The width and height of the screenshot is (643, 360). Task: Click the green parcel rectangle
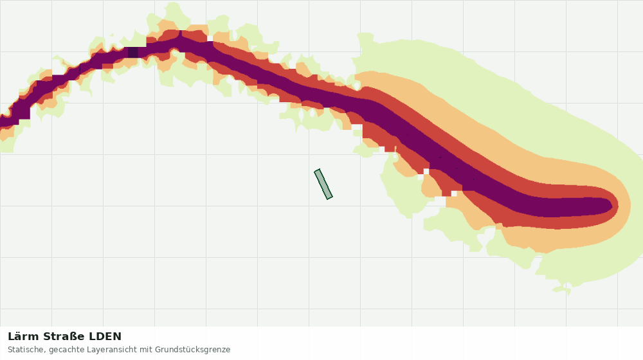coord(323,184)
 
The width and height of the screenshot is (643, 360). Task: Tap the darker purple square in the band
coord(133,53)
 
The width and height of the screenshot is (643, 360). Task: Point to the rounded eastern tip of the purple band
coord(610,205)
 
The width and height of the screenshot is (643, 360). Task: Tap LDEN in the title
coord(105,337)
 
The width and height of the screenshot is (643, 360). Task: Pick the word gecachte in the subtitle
coord(65,350)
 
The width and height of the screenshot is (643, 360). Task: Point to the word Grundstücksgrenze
coord(193,350)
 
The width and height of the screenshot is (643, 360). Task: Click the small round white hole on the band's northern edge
coord(356,85)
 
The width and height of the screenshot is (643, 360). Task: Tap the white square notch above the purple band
coord(210,39)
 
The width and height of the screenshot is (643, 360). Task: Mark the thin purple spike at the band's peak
coord(181,33)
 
